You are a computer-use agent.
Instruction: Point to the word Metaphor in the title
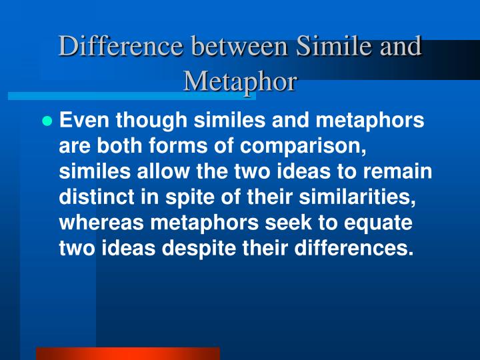tap(240, 81)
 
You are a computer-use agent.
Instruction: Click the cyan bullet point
tap(47, 121)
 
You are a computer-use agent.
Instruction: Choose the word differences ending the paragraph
tap(352, 247)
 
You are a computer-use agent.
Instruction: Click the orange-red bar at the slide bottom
tap(127, 353)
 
